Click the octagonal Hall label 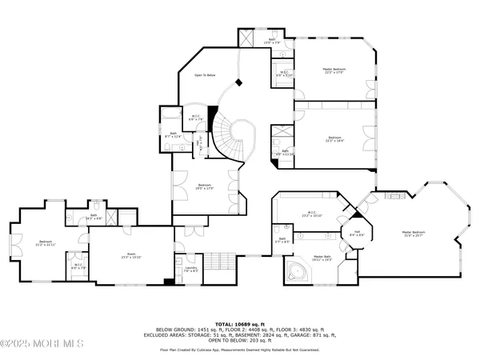point(358,233)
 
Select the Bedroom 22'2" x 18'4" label point(334,139)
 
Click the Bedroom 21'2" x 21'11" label point(43,242)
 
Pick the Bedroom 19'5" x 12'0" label point(205,186)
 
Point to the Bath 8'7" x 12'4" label point(174,134)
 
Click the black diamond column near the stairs point(237,83)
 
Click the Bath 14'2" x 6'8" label point(94,216)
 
